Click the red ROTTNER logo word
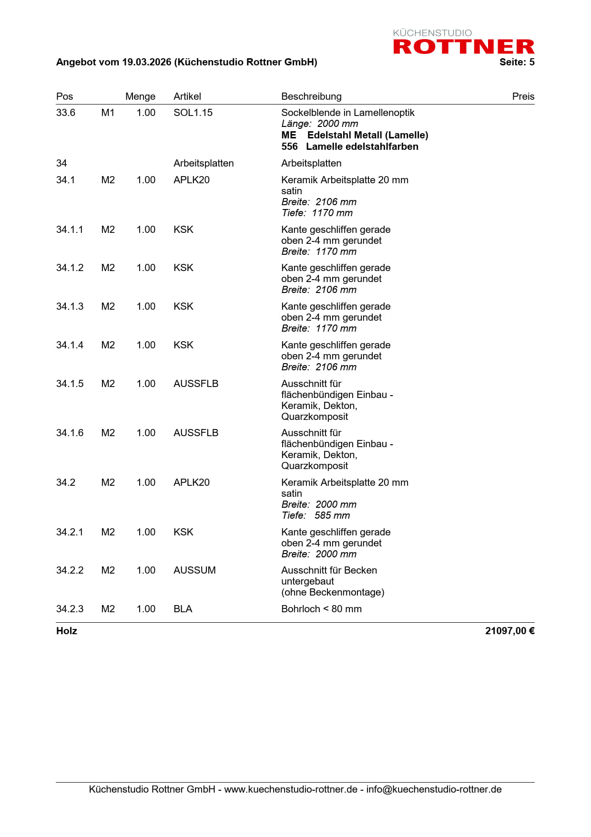pos(463,47)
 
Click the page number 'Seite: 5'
pos(517,62)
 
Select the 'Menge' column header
pos(140,96)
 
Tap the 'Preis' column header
pos(523,96)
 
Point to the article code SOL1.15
pos(193,113)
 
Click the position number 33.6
pos(66,113)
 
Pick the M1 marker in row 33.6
pos(108,113)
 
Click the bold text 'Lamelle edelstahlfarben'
pos(362,146)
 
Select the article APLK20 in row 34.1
pos(192,180)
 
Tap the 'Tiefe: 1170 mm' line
pos(317,213)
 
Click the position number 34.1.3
pos(70,306)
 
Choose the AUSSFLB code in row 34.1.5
pos(196,384)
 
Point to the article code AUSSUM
pos(194,570)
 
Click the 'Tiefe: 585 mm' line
pos(316,515)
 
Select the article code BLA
pos(183,609)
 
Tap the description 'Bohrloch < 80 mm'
pos(321,609)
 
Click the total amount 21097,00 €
pos(509,631)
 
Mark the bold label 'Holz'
pos(67,631)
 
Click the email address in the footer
pos(434,789)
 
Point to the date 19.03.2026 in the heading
pos(146,62)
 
